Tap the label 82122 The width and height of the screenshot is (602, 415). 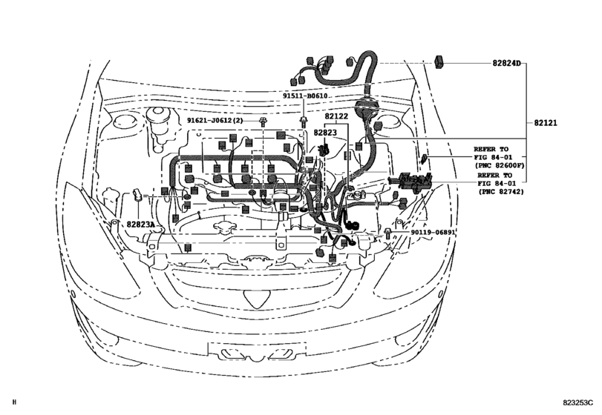336,116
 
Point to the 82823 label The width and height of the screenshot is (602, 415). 325,133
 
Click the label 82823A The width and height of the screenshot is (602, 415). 140,224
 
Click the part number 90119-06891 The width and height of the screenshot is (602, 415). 433,232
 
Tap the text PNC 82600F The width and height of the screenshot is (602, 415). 500,167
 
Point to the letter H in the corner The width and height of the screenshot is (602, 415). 15,404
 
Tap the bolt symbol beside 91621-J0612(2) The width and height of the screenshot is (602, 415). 264,119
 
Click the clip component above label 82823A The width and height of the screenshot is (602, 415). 138,196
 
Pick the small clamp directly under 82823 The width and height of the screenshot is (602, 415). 324,150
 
